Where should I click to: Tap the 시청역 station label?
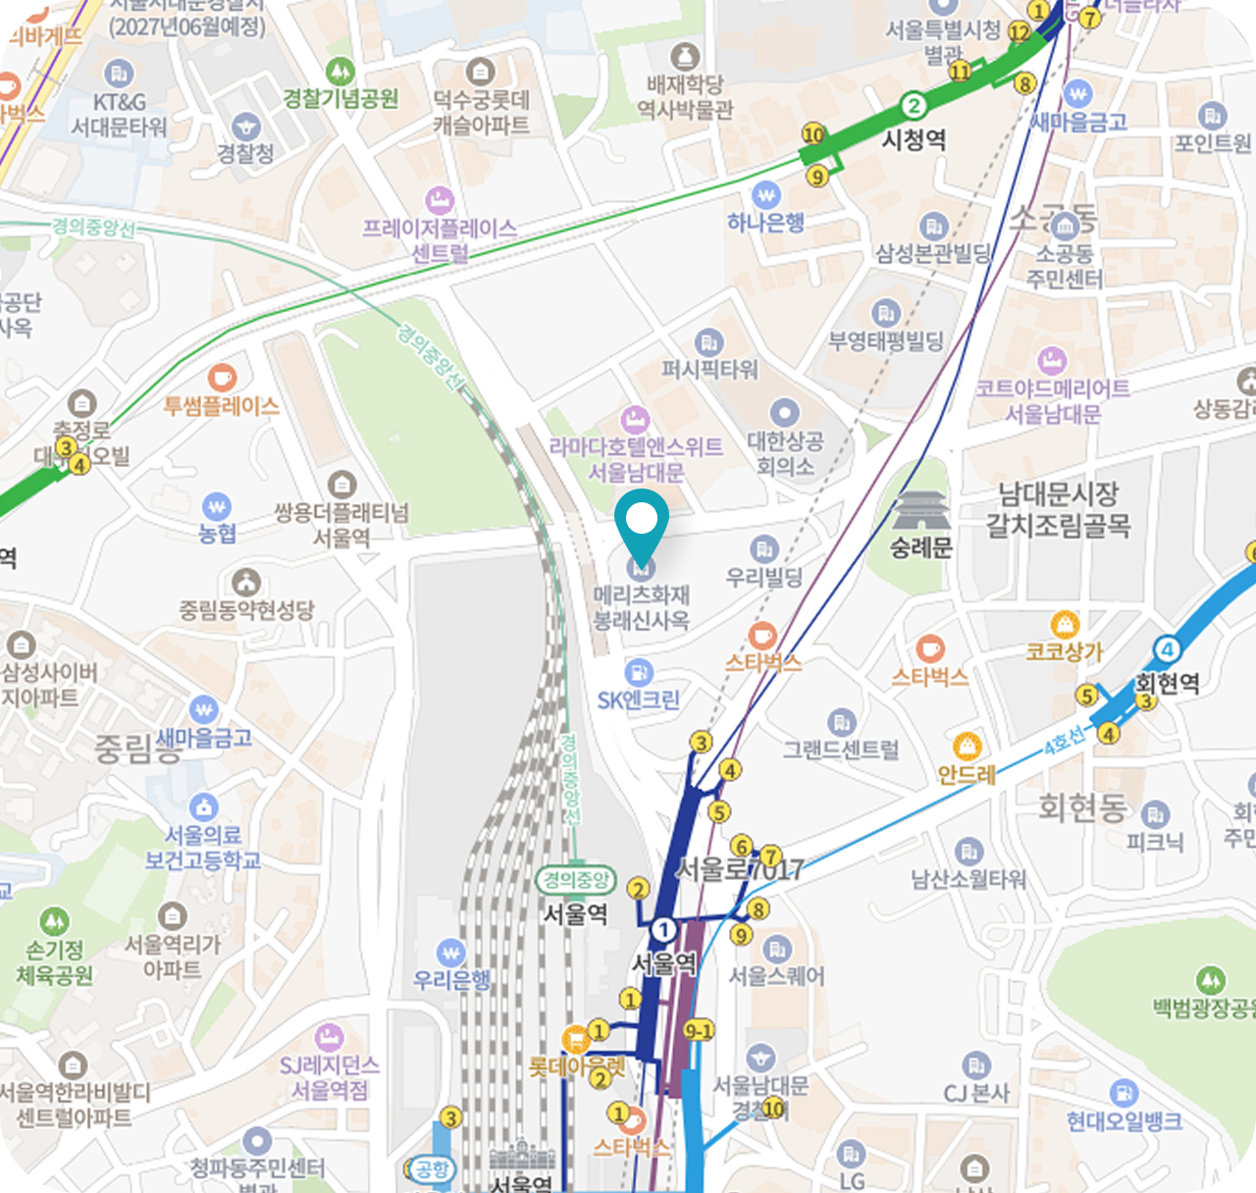pyautogui.click(x=914, y=139)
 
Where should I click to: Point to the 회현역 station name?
pyautogui.click(x=1168, y=683)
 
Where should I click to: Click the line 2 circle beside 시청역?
pyautogui.click(x=914, y=106)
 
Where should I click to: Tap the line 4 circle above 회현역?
pyautogui.click(x=1167, y=649)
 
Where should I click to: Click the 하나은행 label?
pyautogui.click(x=765, y=223)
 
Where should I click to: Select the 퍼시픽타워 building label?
pyautogui.click(x=709, y=370)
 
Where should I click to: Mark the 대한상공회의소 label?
pyautogui.click(x=785, y=453)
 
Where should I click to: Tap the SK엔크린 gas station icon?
pyautogui.click(x=639, y=673)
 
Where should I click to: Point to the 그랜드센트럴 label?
pyautogui.click(x=841, y=751)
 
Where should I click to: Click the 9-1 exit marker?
pyautogui.click(x=699, y=1030)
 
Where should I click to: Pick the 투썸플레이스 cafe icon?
pyautogui.click(x=223, y=377)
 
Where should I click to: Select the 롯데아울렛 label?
pyautogui.click(x=577, y=1065)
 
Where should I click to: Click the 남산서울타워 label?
pyautogui.click(x=968, y=879)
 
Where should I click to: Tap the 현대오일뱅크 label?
pyautogui.click(x=1125, y=1120)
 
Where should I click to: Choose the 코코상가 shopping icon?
pyautogui.click(x=1065, y=625)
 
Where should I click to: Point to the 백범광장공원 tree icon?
pyautogui.click(x=1210, y=979)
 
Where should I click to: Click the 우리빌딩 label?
pyautogui.click(x=764, y=577)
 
